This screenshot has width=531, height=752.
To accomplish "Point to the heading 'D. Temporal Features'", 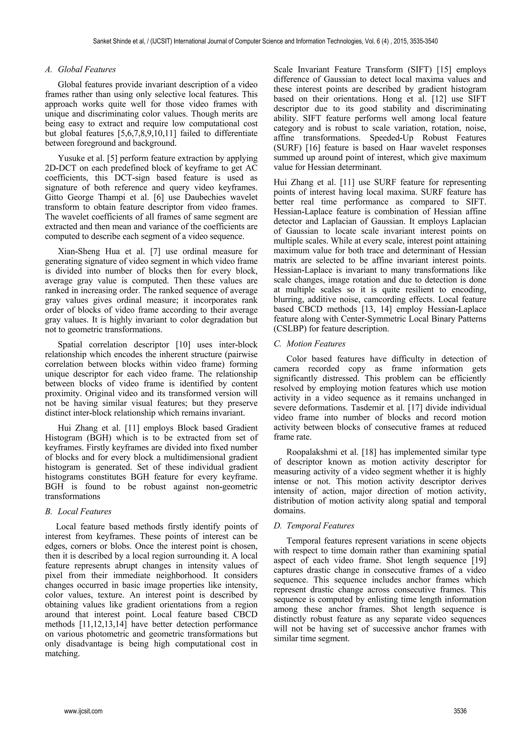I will click(x=314, y=526).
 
